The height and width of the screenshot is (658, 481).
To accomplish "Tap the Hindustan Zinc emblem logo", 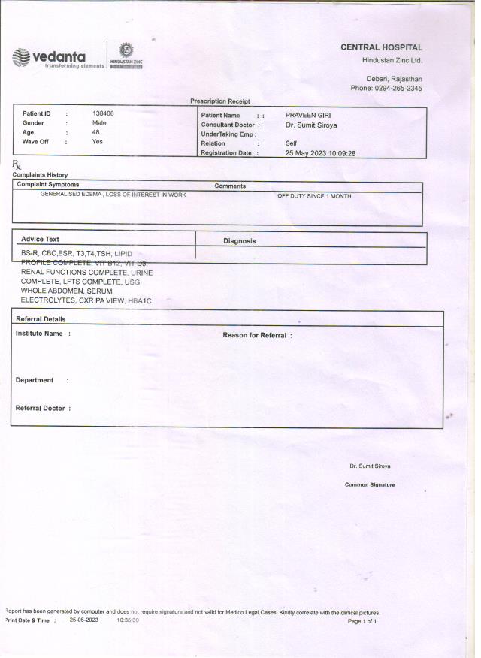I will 126,54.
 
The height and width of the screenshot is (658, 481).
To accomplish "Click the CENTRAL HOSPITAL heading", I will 381,47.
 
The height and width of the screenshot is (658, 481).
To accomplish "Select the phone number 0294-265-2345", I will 396,89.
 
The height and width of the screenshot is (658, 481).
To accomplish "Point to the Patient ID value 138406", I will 103,113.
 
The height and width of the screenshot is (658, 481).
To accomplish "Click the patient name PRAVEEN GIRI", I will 308,115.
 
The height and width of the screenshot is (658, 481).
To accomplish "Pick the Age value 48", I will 96,132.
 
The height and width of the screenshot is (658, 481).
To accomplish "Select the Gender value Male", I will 99,123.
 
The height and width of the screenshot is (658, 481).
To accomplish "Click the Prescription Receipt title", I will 220,101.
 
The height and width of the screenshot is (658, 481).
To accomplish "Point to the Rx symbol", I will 17,164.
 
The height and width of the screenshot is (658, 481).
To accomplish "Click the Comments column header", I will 230,186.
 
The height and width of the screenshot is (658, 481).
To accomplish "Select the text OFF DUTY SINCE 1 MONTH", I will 314,196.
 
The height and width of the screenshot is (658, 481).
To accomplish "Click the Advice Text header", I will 40,240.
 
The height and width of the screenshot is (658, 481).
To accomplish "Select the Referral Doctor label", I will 43,408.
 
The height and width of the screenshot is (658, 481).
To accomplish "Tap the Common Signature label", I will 370,485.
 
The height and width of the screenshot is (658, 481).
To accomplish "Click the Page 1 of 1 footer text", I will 362,622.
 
